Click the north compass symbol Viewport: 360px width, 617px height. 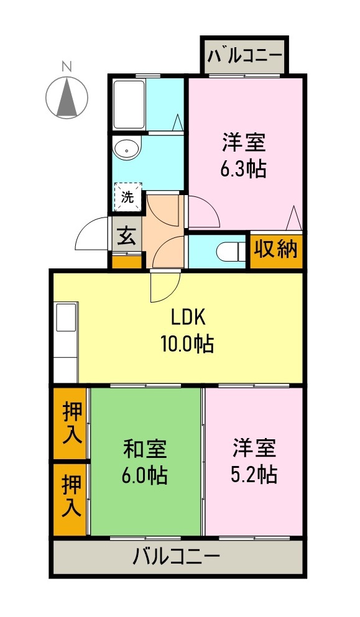(67, 98)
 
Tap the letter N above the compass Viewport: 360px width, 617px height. (67, 66)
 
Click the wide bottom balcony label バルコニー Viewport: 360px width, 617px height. (177, 555)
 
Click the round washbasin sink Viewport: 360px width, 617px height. (127, 149)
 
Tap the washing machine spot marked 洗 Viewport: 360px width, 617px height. (127, 198)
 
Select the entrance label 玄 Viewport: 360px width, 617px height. (127, 236)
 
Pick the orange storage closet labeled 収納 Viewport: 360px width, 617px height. (276, 249)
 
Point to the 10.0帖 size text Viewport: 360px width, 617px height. (188, 342)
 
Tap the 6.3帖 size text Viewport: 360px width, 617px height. (244, 168)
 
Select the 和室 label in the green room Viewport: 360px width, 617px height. (144, 447)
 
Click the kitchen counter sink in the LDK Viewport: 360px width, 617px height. (65, 318)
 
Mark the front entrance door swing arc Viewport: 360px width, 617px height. (90, 233)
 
